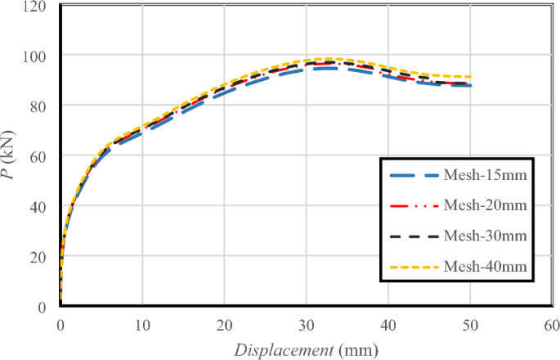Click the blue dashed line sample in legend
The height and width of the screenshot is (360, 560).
tap(414, 175)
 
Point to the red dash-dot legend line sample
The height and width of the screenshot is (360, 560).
tap(414, 205)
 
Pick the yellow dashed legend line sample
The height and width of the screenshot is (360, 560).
tap(414, 266)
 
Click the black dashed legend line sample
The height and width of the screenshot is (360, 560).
tap(414, 236)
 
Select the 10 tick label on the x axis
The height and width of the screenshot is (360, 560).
tap(142, 323)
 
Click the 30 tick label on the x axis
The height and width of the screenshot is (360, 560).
tap(307, 323)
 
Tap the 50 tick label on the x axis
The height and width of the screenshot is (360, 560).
tap(471, 323)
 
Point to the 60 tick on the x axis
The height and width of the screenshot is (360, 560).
tap(552, 323)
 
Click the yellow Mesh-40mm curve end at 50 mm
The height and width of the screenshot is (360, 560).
tap(470, 77)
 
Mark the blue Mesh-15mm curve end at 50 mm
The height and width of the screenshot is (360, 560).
tap(470, 86)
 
